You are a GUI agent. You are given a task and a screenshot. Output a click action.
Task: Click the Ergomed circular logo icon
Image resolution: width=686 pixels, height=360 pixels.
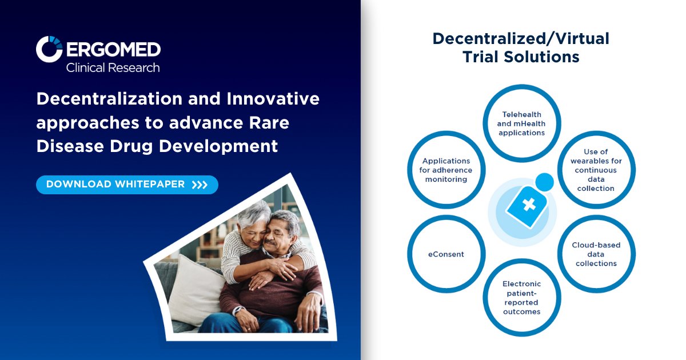click(x=49, y=49)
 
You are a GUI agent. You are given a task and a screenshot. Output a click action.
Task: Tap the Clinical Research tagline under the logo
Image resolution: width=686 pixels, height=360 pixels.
click(x=113, y=67)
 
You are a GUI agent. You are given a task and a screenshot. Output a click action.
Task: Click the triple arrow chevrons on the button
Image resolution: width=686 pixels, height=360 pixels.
click(x=200, y=185)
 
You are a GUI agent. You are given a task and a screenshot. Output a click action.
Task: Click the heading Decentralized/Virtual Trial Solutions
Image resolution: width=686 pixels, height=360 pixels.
click(x=521, y=47)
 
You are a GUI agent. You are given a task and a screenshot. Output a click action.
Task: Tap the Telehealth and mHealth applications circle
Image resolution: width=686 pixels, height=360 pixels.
click(x=521, y=123)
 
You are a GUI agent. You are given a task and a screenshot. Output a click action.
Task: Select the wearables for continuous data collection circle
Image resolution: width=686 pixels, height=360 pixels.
click(x=596, y=170)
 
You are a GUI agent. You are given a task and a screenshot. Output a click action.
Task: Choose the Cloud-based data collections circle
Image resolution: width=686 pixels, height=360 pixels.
click(x=596, y=254)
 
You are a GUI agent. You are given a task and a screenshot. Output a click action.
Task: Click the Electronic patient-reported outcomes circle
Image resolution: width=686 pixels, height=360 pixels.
click(x=521, y=297)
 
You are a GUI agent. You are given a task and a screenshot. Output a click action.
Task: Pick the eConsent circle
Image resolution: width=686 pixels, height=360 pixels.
click(x=446, y=254)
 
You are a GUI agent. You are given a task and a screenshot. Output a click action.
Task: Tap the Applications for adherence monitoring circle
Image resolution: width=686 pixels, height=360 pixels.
click(x=446, y=170)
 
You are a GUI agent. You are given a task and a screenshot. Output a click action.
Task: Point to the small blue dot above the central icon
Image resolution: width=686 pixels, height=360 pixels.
click(x=545, y=182)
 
